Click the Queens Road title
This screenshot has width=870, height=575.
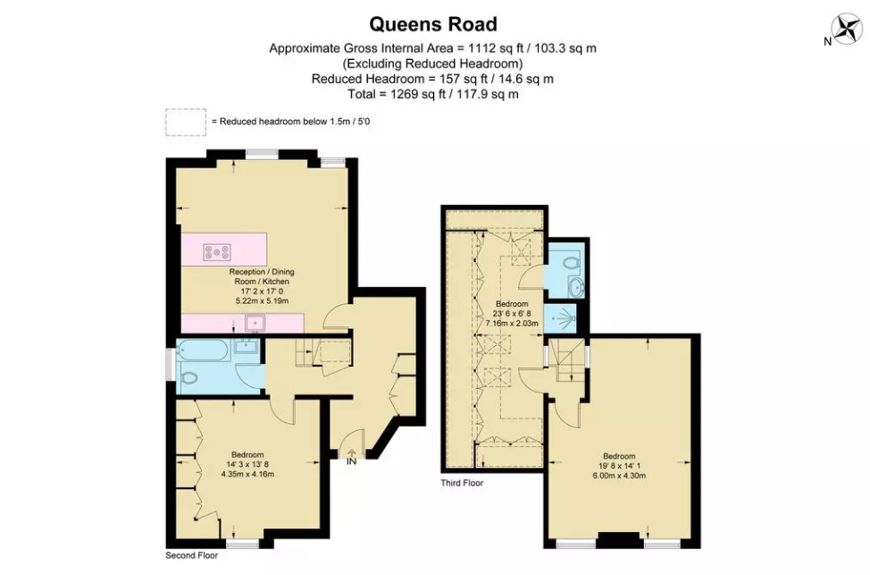[433, 24]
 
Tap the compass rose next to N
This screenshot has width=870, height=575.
[848, 30]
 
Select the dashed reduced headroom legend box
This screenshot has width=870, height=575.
[185, 122]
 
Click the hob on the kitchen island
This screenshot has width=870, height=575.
[217, 252]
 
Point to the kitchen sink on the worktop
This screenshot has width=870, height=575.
[255, 323]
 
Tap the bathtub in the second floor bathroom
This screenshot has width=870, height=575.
[202, 350]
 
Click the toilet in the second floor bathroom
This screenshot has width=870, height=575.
[188, 377]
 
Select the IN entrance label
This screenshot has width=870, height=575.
[351, 461]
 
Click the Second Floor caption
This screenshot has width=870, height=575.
[192, 555]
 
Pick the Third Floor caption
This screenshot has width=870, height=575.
[462, 483]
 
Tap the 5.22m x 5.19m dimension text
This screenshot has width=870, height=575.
[262, 300]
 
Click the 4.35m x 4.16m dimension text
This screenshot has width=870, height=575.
[247, 474]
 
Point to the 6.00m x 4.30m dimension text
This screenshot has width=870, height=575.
[619, 475]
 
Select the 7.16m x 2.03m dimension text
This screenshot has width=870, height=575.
[512, 323]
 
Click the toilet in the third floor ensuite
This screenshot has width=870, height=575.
[571, 262]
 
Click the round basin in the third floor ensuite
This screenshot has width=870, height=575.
[574, 287]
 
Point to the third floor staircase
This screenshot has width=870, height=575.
[565, 360]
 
